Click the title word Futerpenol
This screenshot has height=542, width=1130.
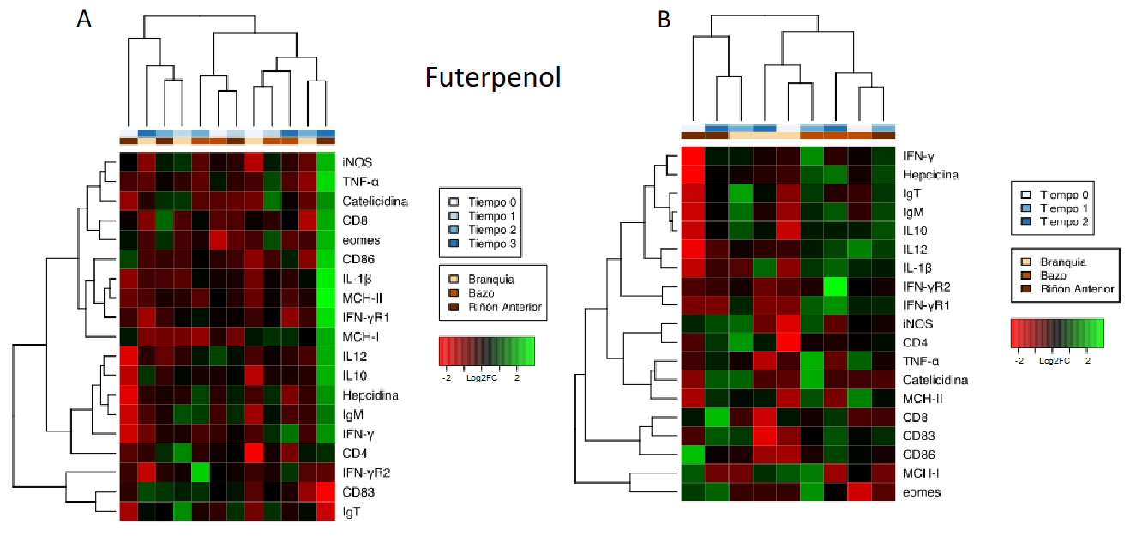pos(493,78)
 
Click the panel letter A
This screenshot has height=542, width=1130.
pos(83,20)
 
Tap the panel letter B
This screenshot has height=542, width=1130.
pos(664,19)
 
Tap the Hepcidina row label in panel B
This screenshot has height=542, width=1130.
pos(931,175)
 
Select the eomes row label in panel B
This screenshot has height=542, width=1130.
pos(922,492)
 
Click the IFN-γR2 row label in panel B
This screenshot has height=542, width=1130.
pos(928,286)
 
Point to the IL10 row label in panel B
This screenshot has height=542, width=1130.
pos(916,231)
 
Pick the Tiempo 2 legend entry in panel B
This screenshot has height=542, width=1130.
pos(1064,222)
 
